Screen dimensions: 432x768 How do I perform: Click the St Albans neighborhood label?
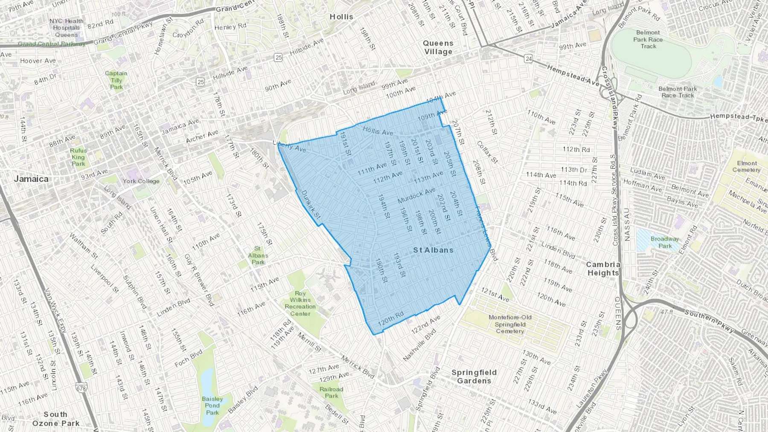coord(433,250)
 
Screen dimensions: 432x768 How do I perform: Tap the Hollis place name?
coord(341,17)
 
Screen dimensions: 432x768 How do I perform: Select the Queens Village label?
coord(438,47)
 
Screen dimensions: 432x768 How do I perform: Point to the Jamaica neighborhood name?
coord(31,179)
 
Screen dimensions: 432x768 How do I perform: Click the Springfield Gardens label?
coord(474,377)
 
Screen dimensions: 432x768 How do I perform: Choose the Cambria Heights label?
coord(603,269)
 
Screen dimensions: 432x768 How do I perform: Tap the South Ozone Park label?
coord(56,419)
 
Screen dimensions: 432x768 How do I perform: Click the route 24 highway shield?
coord(529,59)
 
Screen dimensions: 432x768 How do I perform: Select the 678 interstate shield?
coord(81,388)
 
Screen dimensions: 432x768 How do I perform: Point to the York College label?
coord(141,181)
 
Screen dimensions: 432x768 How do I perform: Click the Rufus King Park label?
coord(79,157)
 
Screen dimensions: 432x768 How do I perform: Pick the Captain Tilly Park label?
coord(116,80)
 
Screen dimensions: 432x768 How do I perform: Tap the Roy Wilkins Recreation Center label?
coord(300,304)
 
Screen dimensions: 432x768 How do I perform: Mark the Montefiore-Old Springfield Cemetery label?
coord(510,324)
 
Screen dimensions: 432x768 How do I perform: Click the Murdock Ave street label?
coord(416,195)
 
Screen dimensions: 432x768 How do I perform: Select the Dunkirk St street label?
coord(311,205)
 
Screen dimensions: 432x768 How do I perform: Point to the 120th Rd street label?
coord(391,319)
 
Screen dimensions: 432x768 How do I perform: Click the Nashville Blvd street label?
coord(420,345)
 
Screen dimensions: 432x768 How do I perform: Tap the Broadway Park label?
coord(665,242)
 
